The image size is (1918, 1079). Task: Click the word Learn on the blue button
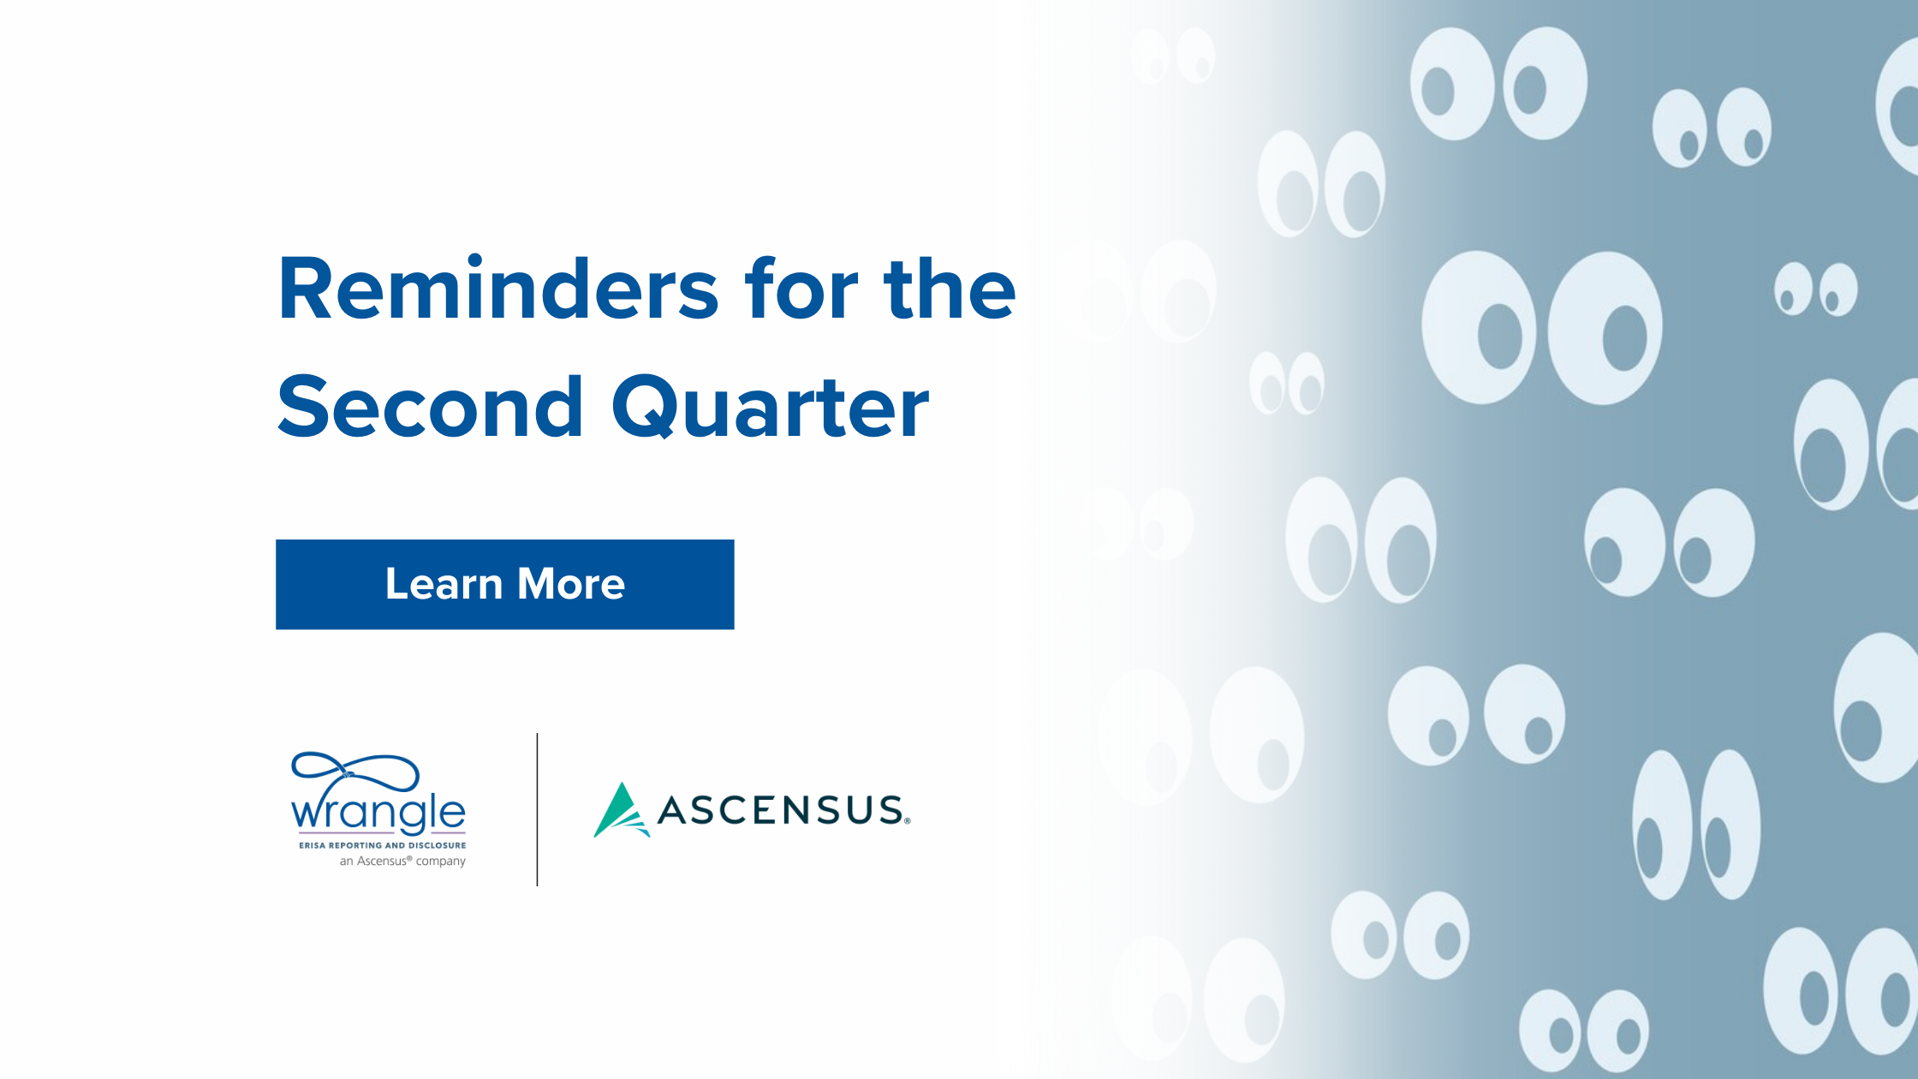click(x=444, y=584)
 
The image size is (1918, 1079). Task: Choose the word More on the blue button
click(x=571, y=584)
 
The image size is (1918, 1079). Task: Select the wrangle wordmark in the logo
click(x=378, y=813)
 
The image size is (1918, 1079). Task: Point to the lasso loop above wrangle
click(x=354, y=772)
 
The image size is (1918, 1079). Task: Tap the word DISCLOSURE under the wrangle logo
click(x=437, y=845)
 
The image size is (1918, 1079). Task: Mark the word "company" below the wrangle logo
click(x=441, y=861)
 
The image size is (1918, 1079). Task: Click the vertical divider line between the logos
click(x=537, y=809)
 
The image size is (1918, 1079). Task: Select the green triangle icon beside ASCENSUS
click(x=621, y=811)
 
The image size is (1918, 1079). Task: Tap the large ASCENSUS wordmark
click(x=780, y=810)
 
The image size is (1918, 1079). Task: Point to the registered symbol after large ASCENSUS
click(x=908, y=821)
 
